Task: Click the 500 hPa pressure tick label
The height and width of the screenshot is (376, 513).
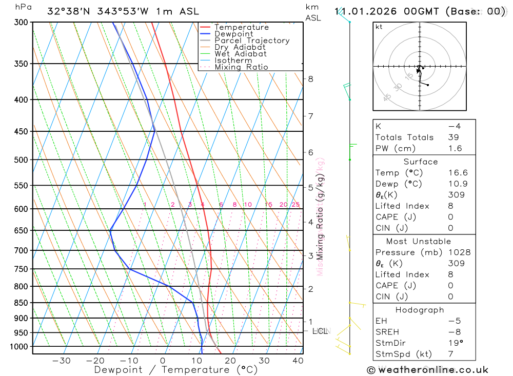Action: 22,160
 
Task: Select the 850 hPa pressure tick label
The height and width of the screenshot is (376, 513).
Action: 22,303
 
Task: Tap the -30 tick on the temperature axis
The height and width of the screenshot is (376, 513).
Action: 62,361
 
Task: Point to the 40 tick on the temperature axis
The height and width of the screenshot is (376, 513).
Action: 298,361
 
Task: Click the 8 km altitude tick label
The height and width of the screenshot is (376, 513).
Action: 310,78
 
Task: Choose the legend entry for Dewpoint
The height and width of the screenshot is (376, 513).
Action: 234,34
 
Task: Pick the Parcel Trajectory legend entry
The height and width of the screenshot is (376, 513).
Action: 252,41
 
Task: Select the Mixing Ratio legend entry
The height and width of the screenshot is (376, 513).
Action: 241,67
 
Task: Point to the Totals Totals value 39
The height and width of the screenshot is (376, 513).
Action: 453,137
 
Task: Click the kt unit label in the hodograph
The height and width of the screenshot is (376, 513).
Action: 379,27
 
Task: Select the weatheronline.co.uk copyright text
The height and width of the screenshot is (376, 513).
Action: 427,370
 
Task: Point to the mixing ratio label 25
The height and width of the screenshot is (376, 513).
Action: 295,205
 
